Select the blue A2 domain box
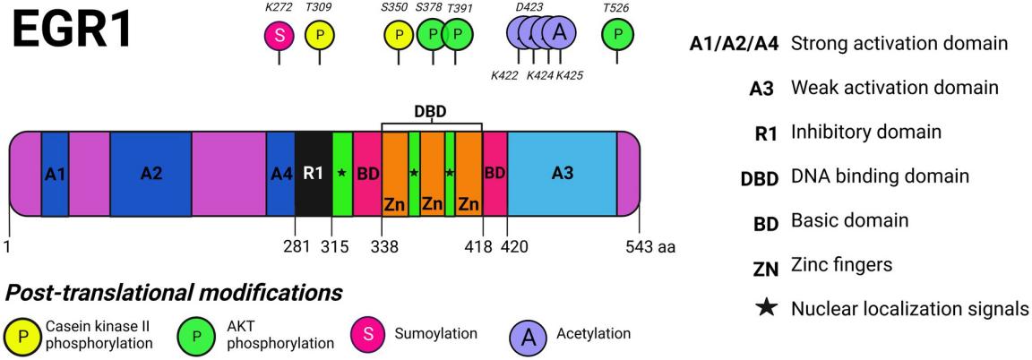pyautogui.click(x=150, y=174)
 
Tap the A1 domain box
pyautogui.click(x=55, y=174)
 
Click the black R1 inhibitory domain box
pyautogui.click(x=313, y=174)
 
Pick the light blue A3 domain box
pyautogui.click(x=562, y=174)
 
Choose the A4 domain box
pyautogui.click(x=280, y=174)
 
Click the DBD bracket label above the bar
pyautogui.click(x=432, y=112)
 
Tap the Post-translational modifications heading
pyautogui.click(x=174, y=292)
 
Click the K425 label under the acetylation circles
pyautogui.click(x=570, y=76)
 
